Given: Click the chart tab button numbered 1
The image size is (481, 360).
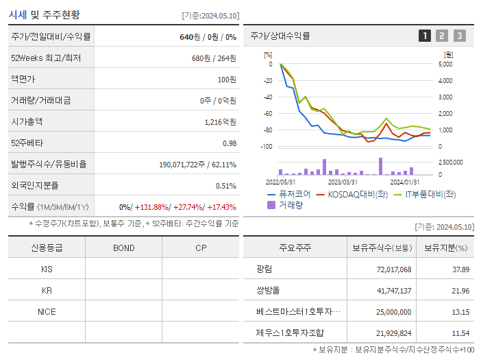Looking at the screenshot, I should tap(425, 36).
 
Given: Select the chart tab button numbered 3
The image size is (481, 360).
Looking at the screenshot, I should tap(459, 36).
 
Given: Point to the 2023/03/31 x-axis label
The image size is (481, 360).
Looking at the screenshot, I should tap(343, 182).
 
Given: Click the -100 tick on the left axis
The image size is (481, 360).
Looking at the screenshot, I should tap(266, 147).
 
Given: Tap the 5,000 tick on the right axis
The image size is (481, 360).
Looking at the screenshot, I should tap(445, 64).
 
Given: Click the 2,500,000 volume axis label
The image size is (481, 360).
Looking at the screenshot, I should tap(449, 163).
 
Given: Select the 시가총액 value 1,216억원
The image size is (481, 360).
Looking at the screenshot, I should tap(220, 121).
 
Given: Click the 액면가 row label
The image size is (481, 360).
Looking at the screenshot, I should tap(25, 79).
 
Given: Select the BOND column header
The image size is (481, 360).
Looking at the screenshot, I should tap(123, 248).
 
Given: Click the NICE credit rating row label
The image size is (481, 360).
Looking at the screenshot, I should tap(47, 311).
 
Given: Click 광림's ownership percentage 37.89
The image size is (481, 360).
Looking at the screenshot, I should tap(460, 269).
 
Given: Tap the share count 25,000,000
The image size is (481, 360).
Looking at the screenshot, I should tap(393, 312).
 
